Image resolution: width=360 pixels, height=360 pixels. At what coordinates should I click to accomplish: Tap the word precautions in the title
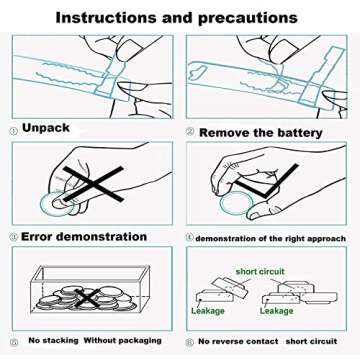click(x=248, y=18)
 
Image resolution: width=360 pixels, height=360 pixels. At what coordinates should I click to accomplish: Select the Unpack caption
click(x=46, y=128)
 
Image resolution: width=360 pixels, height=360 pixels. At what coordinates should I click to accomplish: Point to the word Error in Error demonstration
click(x=35, y=237)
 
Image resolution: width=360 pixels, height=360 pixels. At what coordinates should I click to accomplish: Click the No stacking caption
click(x=53, y=341)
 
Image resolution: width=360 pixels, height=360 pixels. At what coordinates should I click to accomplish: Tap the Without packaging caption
click(x=122, y=341)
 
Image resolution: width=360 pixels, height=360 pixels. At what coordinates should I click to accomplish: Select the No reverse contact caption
click(x=238, y=341)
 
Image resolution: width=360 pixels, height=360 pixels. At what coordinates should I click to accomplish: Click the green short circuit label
click(x=260, y=271)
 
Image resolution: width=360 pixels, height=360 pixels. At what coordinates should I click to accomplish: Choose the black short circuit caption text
click(x=311, y=341)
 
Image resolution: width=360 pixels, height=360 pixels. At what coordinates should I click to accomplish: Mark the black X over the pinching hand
click(x=94, y=184)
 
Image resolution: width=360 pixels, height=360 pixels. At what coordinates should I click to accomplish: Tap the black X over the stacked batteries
click(x=88, y=298)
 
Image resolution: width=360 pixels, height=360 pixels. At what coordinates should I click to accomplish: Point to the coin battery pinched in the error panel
click(x=56, y=203)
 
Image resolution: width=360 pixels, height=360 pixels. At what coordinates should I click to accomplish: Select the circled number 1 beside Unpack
click(x=14, y=131)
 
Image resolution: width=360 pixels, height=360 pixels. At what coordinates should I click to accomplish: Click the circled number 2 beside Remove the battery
click(x=190, y=132)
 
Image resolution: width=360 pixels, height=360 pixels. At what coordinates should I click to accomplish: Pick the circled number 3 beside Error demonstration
click(x=14, y=237)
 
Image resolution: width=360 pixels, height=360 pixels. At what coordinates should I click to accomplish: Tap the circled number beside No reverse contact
click(x=190, y=342)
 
